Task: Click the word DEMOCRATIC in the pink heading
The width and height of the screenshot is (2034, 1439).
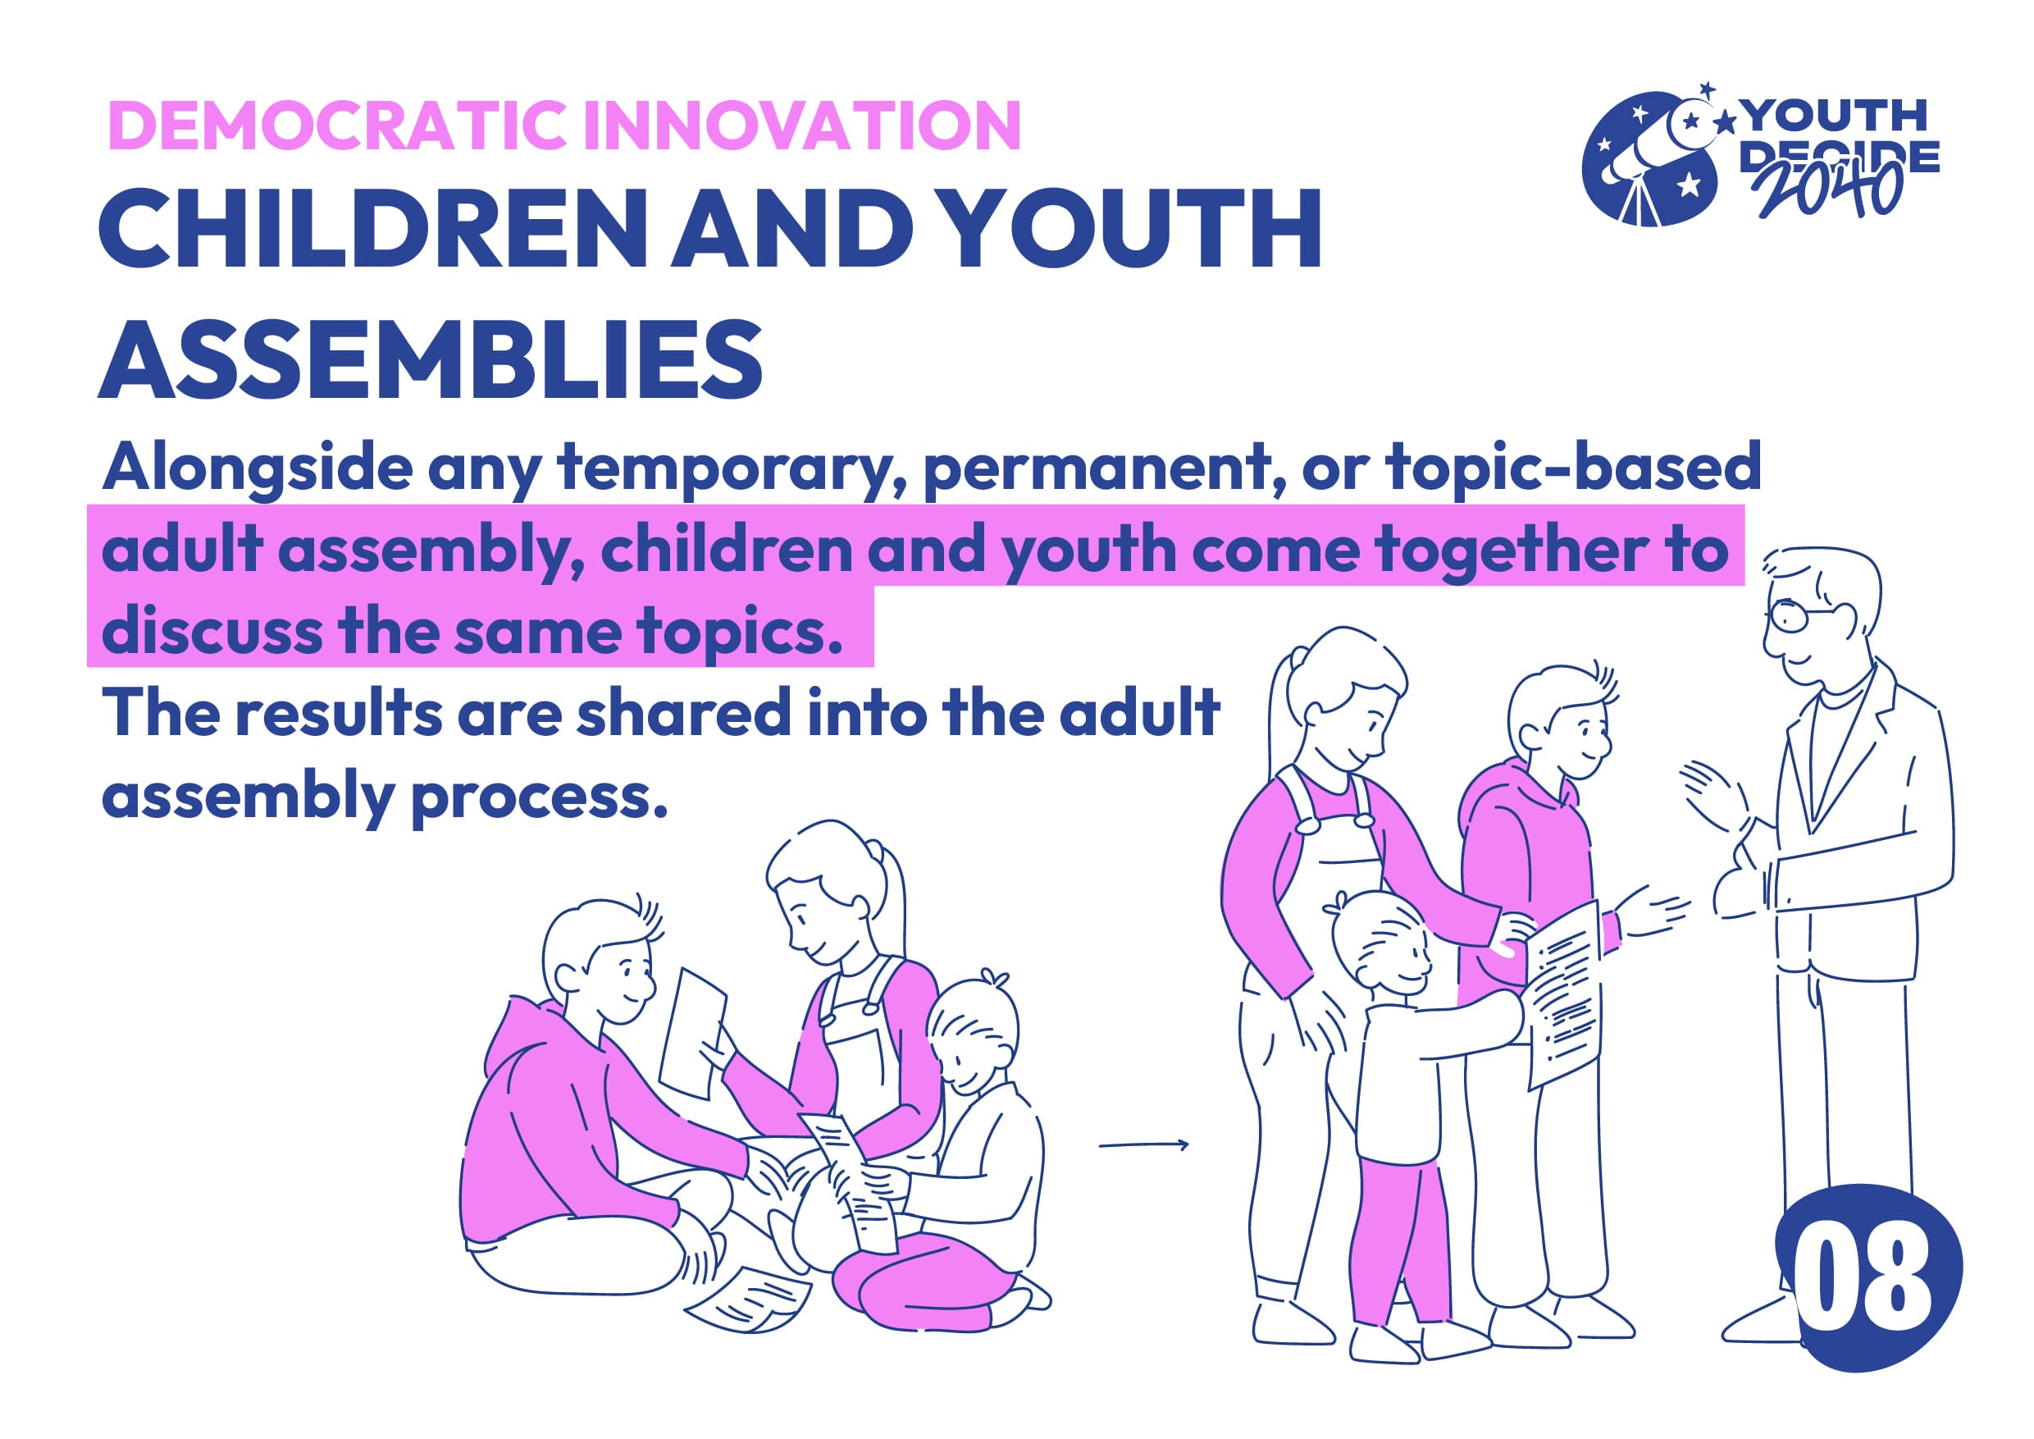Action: (x=336, y=125)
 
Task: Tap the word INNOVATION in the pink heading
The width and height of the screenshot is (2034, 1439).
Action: (x=803, y=125)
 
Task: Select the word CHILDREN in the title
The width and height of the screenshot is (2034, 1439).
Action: (x=373, y=229)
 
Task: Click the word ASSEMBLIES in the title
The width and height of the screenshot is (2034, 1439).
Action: (x=431, y=359)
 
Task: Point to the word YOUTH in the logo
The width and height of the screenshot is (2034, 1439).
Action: (x=1835, y=116)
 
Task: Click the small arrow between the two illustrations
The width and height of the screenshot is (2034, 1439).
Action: (x=1142, y=1144)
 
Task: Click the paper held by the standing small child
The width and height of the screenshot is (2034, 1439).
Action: (x=1563, y=996)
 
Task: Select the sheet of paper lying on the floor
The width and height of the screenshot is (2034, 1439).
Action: (x=749, y=1298)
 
